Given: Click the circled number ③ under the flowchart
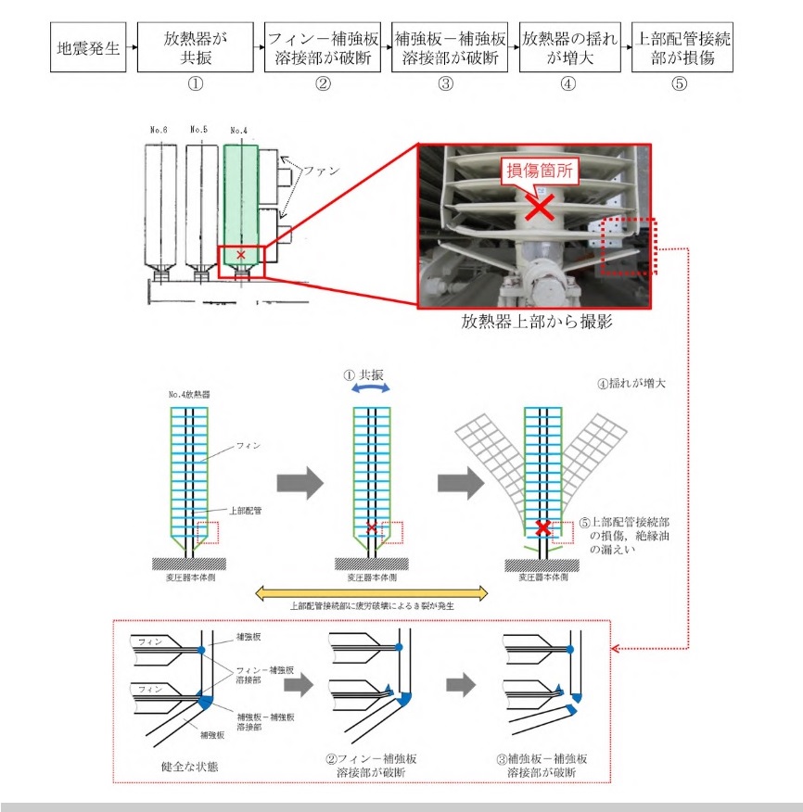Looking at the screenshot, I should click(445, 83).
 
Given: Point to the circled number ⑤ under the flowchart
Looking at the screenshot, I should click(679, 83).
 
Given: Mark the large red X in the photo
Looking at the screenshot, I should click(537, 207).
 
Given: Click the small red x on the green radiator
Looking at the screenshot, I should click(241, 253).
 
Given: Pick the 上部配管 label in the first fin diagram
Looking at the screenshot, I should click(243, 511).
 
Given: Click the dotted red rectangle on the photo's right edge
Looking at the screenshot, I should click(629, 247).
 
